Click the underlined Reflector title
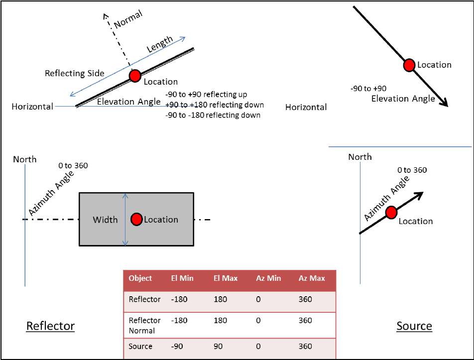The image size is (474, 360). coord(50,326)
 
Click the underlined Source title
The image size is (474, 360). coord(414,326)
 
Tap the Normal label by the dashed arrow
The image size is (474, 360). coord(128,19)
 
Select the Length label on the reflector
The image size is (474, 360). coord(160,45)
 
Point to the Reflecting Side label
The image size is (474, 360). coord(75,73)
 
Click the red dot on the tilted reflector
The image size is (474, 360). coord(135,76)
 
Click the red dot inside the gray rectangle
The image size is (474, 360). coord(136,219)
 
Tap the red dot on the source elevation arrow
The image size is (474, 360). coord(409,65)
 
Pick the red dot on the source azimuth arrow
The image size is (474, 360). coord(391,212)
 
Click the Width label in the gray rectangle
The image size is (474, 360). coord(106,220)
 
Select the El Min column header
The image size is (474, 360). coord(182,278)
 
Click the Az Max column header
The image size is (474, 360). coord(312,278)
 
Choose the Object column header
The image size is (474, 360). coord(140,278)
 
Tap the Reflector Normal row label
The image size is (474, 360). coord(144,325)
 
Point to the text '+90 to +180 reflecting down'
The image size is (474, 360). coord(214,105)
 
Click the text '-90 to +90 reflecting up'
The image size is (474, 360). coord(206,95)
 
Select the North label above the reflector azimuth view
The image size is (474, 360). coord(25,159)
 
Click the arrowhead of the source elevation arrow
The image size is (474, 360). coord(444,103)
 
